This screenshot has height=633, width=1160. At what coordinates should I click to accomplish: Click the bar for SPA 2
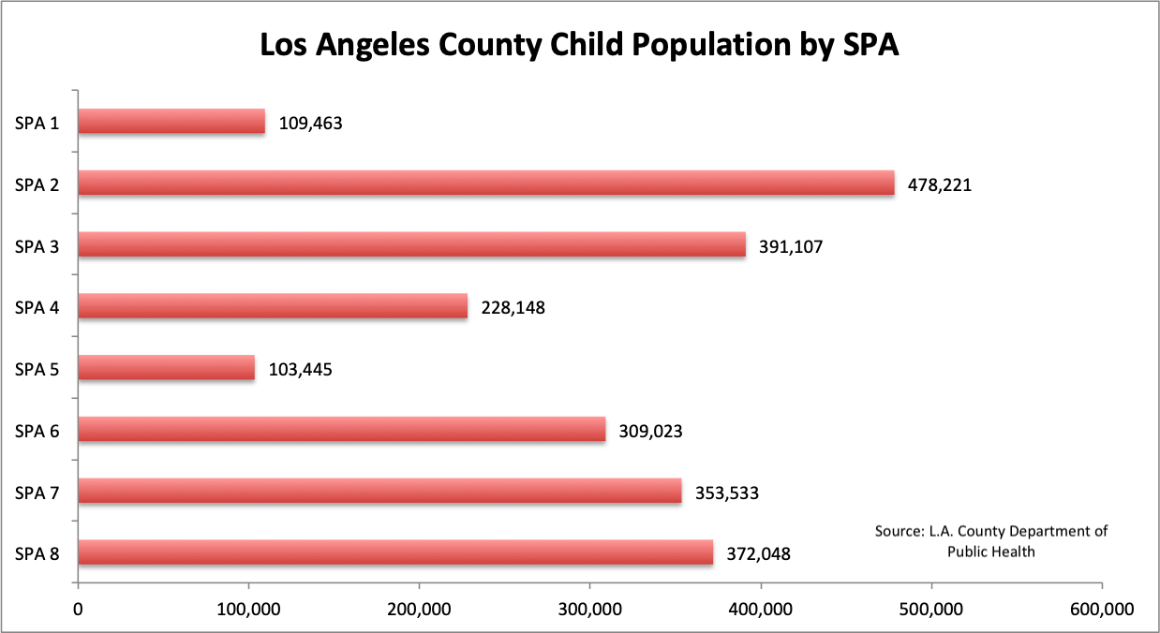(x=485, y=184)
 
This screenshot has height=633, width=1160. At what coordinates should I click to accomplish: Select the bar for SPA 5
(x=166, y=368)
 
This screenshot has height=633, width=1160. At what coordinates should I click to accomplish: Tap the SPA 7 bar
(x=379, y=492)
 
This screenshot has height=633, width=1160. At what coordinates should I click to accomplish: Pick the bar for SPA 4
(x=272, y=306)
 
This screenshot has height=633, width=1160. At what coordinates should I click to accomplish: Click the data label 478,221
(x=940, y=184)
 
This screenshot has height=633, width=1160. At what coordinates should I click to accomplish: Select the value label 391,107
(x=791, y=246)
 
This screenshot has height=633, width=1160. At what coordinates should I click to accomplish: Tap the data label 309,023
(x=650, y=431)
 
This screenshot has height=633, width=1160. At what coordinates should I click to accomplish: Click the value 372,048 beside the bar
(x=758, y=553)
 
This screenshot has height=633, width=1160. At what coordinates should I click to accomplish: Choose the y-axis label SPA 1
(x=37, y=123)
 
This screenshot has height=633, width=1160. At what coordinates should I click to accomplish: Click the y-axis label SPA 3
(x=37, y=246)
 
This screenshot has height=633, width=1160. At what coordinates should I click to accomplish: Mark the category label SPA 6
(x=37, y=431)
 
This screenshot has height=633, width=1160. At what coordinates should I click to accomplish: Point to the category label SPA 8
(x=37, y=553)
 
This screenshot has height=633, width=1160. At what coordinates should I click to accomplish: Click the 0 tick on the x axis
(x=78, y=609)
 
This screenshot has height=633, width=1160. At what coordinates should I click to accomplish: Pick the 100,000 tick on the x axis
(x=248, y=609)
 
